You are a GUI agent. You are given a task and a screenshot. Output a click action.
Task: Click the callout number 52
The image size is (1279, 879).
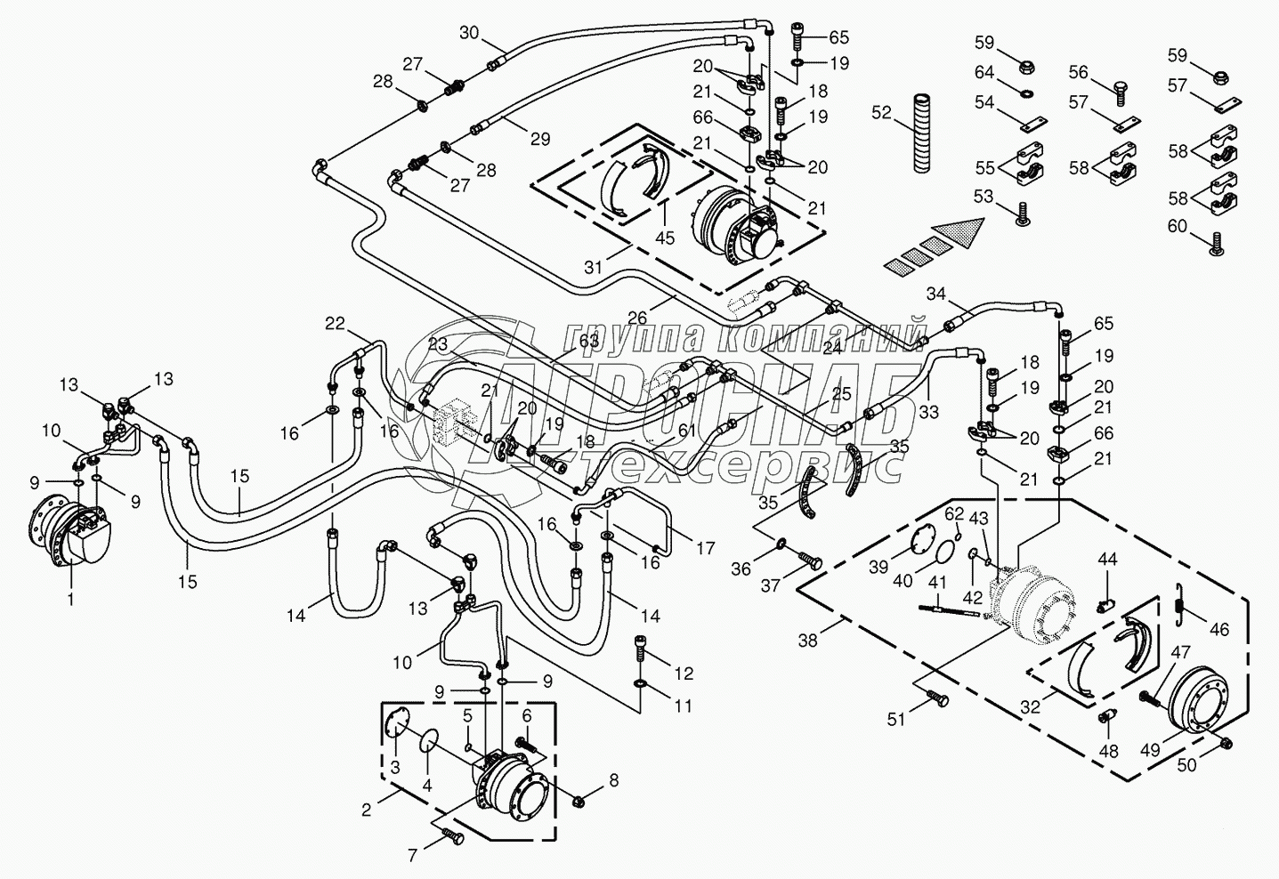[x=881, y=113]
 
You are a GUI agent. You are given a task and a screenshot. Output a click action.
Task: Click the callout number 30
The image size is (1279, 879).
[x=469, y=34]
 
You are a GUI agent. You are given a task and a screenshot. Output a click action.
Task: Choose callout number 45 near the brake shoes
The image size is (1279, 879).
[x=665, y=238]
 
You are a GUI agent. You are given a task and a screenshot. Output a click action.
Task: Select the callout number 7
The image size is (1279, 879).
[x=412, y=856]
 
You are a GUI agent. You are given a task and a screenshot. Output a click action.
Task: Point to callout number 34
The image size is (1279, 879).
[x=935, y=293]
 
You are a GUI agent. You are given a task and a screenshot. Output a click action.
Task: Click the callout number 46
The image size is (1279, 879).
[x=1218, y=629]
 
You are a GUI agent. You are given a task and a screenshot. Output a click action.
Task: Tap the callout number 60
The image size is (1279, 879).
[x=1178, y=226]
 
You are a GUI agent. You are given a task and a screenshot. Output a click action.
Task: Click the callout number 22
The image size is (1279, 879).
[x=334, y=324]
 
